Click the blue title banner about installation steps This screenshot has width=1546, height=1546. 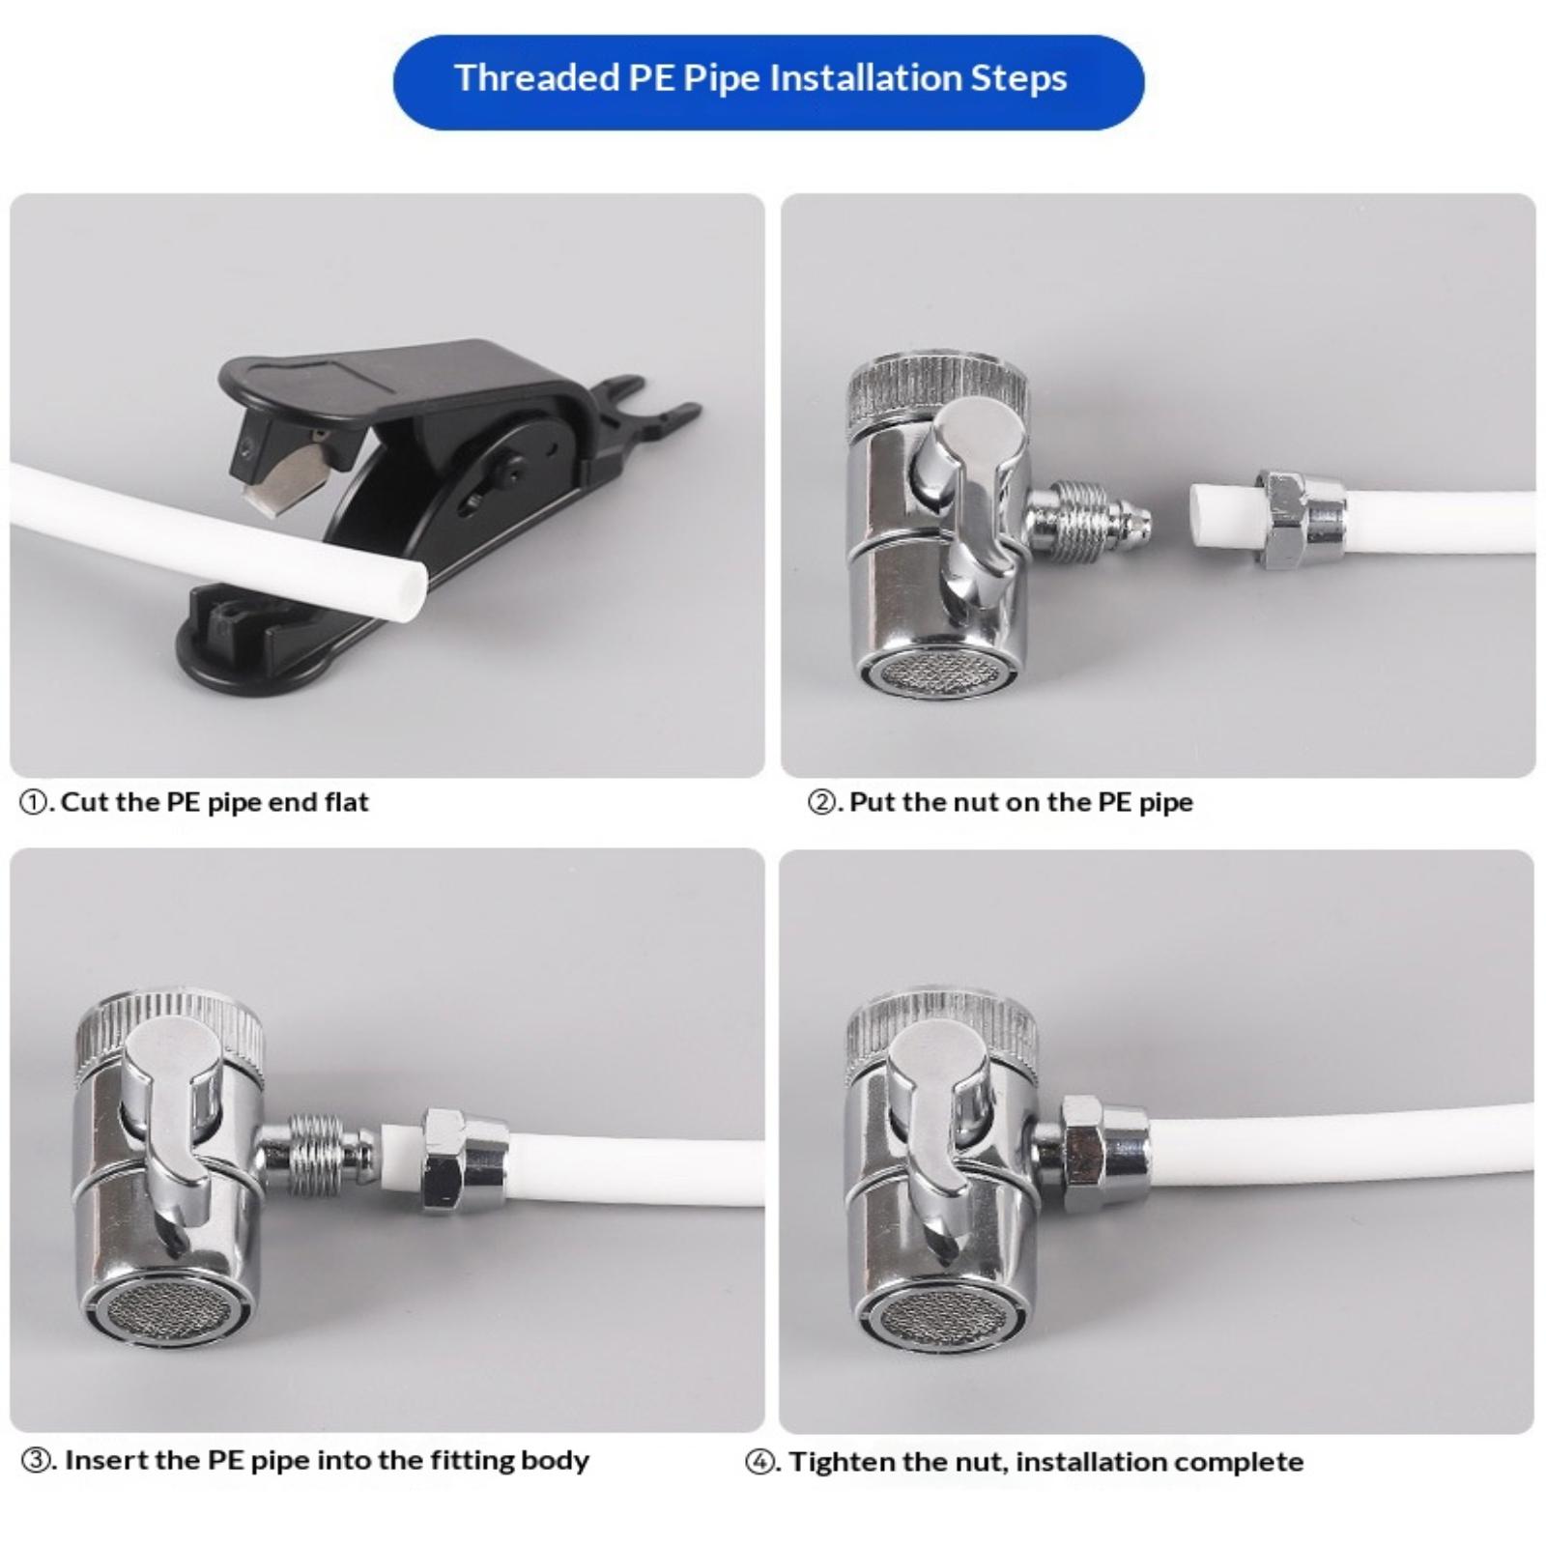click(768, 82)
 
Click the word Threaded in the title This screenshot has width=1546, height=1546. click(537, 78)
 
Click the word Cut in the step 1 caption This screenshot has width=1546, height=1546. click(84, 802)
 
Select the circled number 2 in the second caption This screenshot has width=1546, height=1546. click(822, 803)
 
